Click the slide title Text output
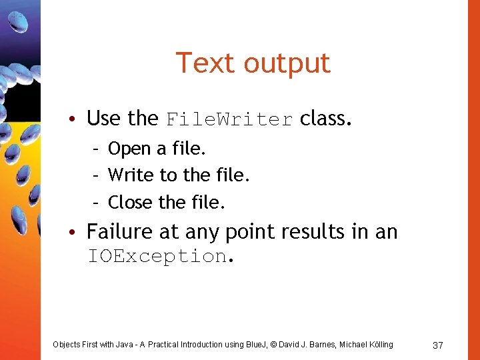pos(253,63)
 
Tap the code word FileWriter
pos(229,119)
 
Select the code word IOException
pos(157,256)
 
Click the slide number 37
pos(438,345)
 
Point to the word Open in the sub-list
pos(129,149)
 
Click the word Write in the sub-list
pos(131,175)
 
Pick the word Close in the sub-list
pos(131,201)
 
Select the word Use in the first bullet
pos(103,119)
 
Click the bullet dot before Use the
pos(78,119)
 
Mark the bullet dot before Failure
pos(78,233)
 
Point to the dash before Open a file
pos(96,149)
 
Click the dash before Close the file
pos(96,201)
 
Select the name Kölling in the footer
pos(378,345)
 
